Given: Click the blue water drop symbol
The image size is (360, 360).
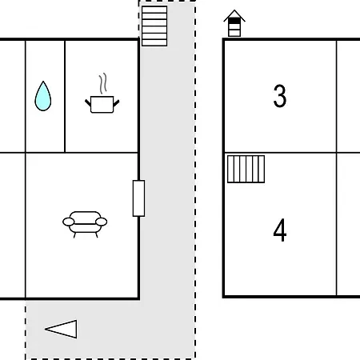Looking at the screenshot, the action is coord(43,97).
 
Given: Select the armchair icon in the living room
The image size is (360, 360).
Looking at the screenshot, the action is coord(85,224).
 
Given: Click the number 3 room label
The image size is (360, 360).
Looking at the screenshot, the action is coord(280,96).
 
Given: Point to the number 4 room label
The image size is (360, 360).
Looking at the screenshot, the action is coord(280,230).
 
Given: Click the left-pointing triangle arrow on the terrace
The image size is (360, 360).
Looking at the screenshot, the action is coord(61,329).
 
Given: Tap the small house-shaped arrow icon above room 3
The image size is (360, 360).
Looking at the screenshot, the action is coord(234,23).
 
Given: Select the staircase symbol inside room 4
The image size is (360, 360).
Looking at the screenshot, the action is coord(246,169).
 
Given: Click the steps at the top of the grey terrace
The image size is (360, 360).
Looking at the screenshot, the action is coord(154,26).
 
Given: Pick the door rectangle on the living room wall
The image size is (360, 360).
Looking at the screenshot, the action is coord(138,198).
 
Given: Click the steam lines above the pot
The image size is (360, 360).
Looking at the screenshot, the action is coord(103,83).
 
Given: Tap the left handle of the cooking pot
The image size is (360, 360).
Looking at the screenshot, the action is coord(88,102).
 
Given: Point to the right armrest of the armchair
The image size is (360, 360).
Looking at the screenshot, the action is coord(102,222).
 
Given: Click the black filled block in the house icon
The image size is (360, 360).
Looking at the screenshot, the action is coord(234,21).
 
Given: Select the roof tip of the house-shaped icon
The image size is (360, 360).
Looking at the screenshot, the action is coord(234,10).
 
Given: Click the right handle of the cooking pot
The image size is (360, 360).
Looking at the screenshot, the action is coord(116,103).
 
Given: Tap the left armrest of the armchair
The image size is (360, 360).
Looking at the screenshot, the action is coord(68,222).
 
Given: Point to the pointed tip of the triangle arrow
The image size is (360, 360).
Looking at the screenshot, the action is coord(46,329).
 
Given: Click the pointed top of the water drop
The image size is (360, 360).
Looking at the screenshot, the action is coord(43,82).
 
